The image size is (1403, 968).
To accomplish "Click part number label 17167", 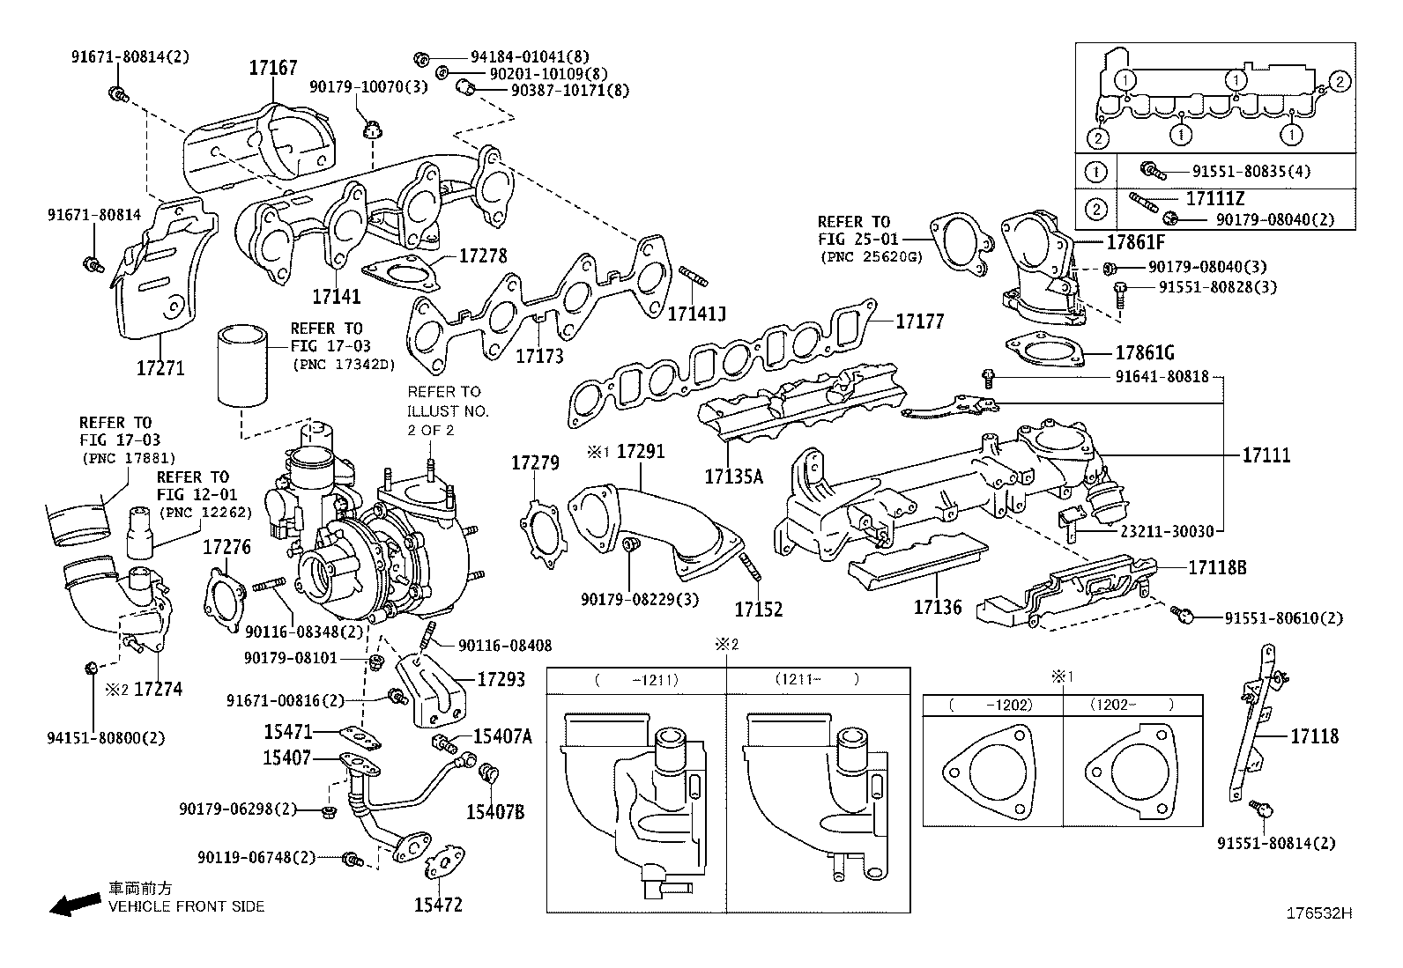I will (x=272, y=68).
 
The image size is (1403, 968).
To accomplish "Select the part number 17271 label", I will (x=160, y=367).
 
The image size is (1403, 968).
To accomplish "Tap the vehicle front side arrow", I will (x=74, y=902).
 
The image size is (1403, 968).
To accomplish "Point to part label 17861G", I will (x=1144, y=353).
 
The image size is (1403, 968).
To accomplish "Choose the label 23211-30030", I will (x=1167, y=531).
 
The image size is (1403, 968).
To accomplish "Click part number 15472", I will (x=438, y=905).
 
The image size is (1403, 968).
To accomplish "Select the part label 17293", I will (x=501, y=679).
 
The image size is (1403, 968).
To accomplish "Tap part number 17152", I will (x=759, y=609).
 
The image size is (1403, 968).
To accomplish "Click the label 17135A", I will (x=733, y=477).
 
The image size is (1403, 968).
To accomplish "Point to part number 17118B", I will (x=1217, y=567).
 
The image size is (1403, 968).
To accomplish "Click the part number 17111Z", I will (x=1215, y=199).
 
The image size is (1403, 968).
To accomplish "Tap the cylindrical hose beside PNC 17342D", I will (x=243, y=367).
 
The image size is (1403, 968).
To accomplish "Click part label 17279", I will (x=535, y=462).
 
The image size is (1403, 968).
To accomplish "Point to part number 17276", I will (x=226, y=547).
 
